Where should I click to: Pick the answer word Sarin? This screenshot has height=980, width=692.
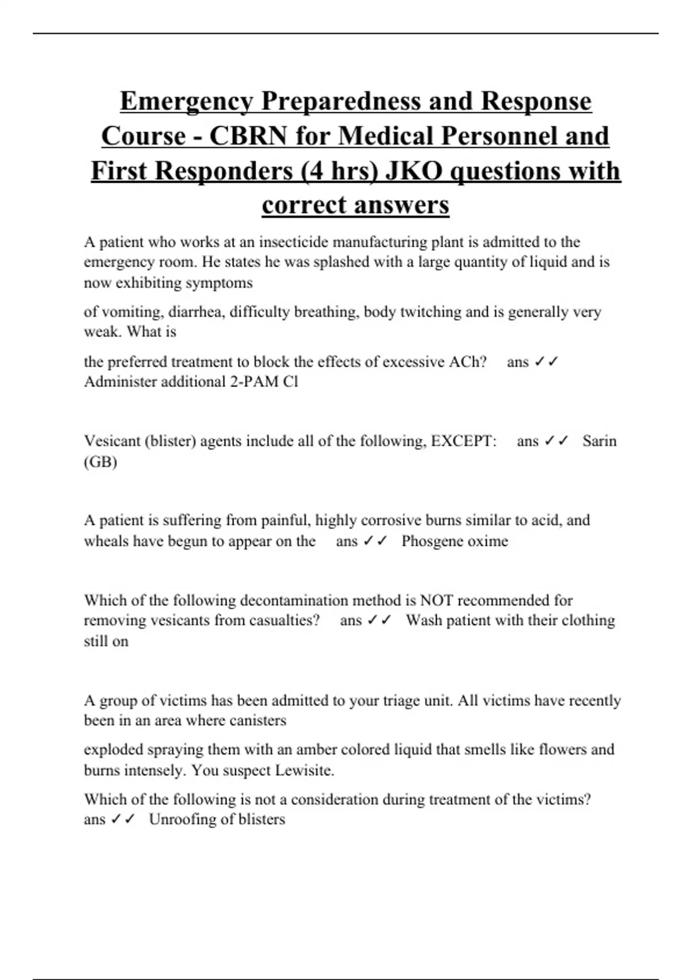599,441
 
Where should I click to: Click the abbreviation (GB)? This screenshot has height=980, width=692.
100,462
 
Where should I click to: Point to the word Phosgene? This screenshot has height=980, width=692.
431,541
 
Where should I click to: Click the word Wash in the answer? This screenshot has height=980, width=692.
424,620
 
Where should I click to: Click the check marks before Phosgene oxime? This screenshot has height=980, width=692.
375,541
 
